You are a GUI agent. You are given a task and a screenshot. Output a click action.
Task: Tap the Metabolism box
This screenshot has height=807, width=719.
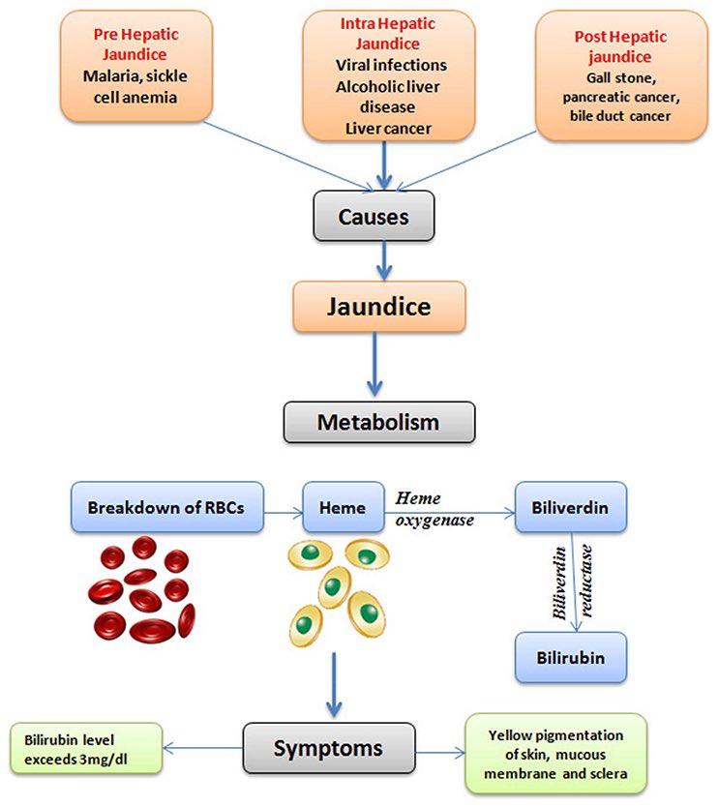point(378,421)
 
